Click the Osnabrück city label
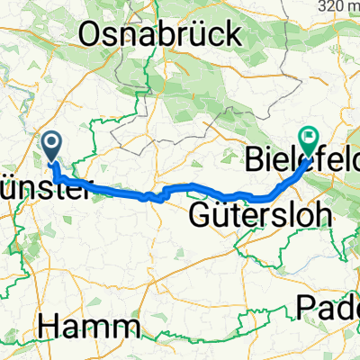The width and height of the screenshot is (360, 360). [x=162, y=33]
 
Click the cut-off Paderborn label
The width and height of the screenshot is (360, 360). [x=328, y=308]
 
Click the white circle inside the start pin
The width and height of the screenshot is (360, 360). [x=51, y=141]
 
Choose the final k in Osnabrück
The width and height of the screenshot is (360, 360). [x=235, y=33]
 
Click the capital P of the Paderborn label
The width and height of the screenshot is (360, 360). [x=304, y=308]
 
